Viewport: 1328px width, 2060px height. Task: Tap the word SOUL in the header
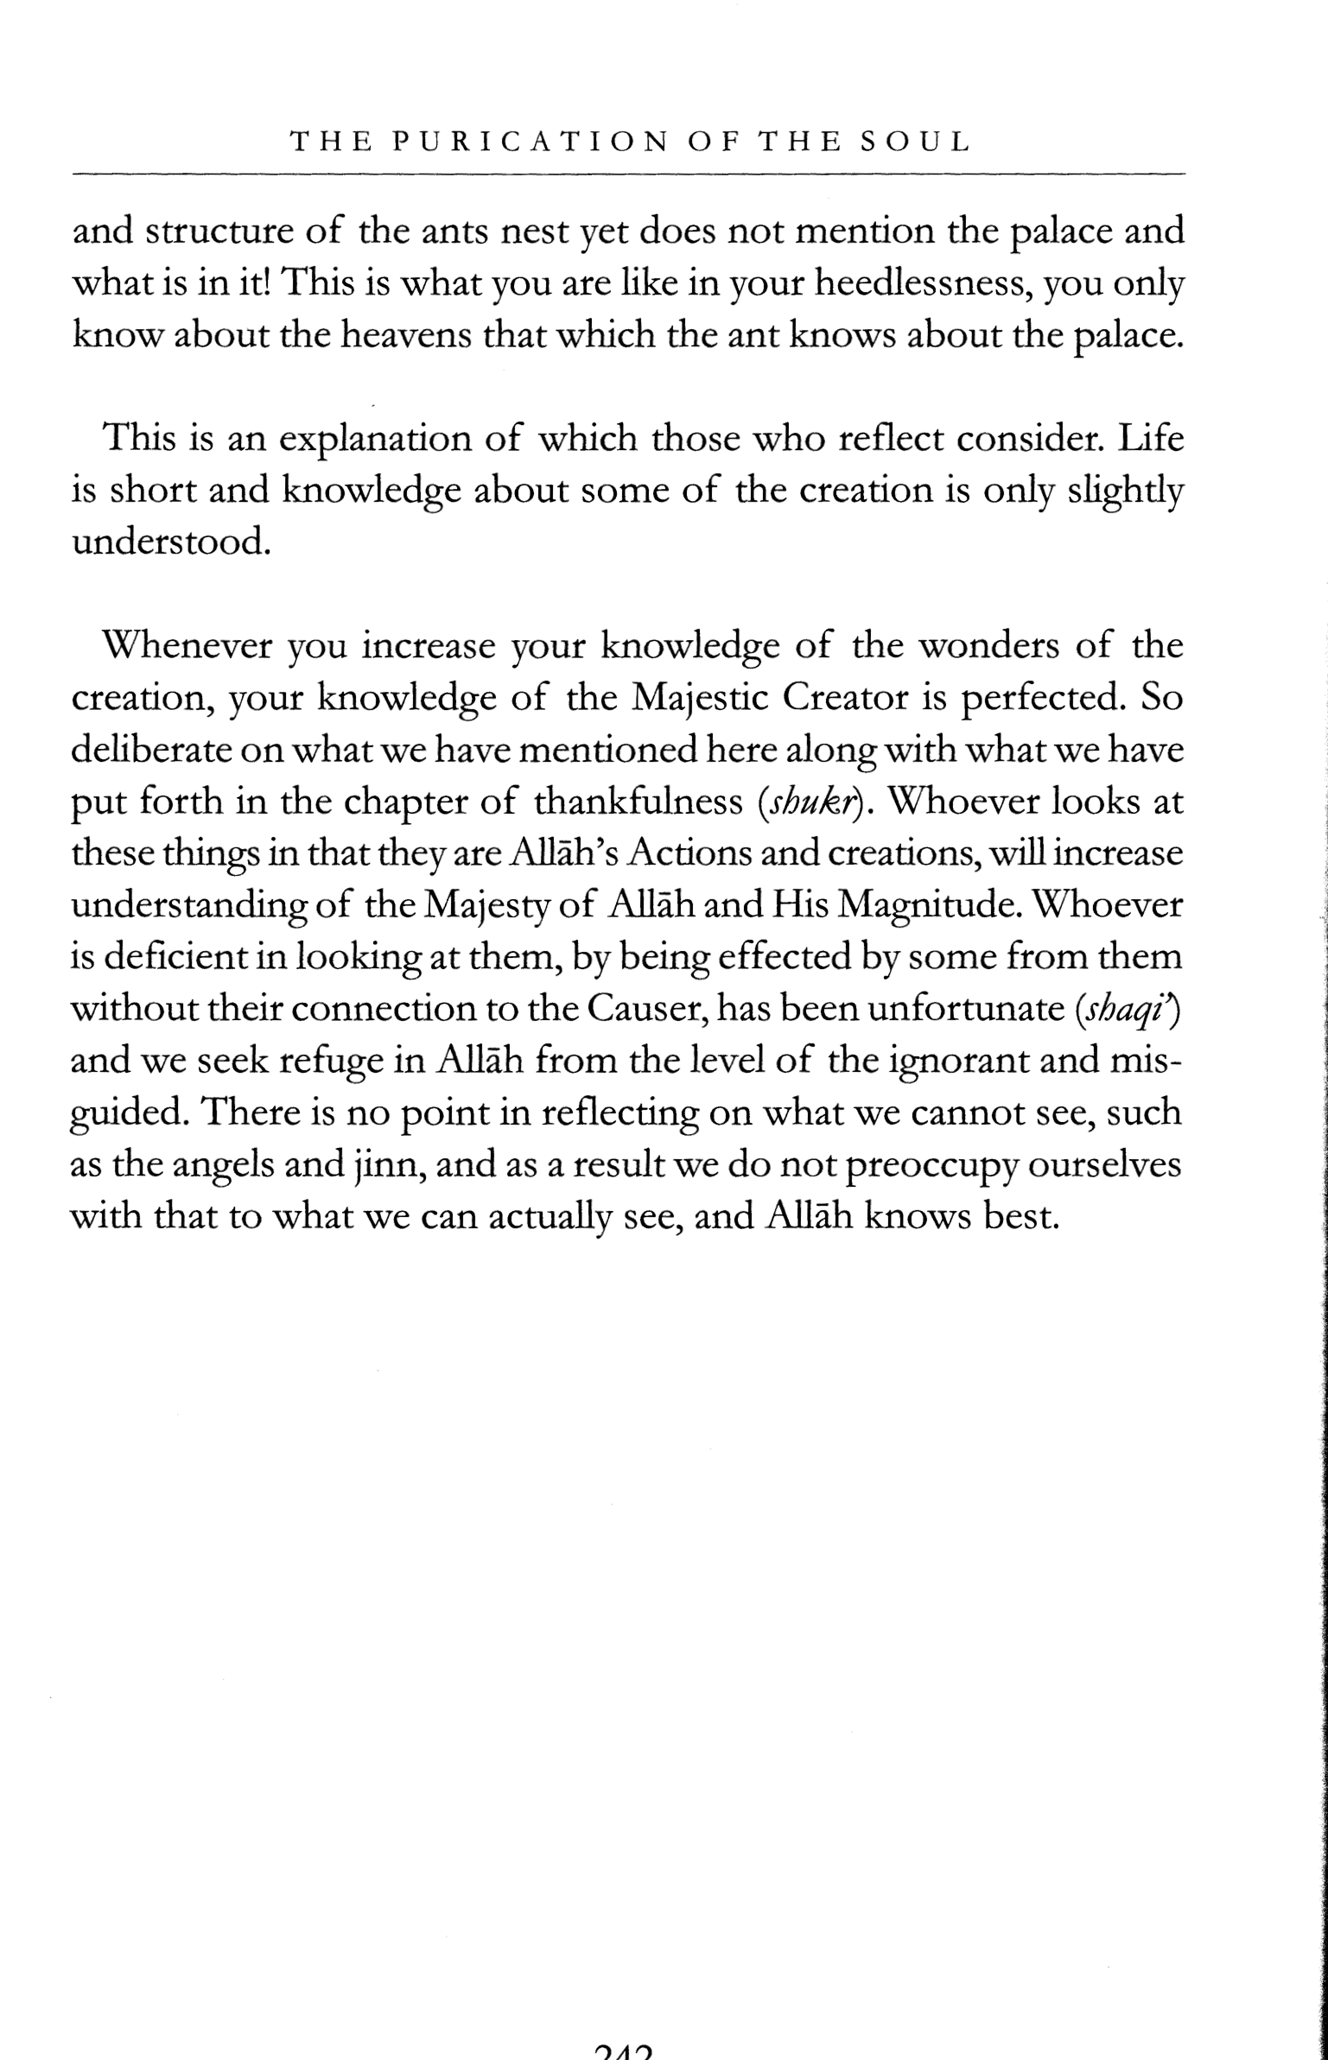point(917,142)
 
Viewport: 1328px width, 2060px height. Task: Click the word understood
point(166,542)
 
